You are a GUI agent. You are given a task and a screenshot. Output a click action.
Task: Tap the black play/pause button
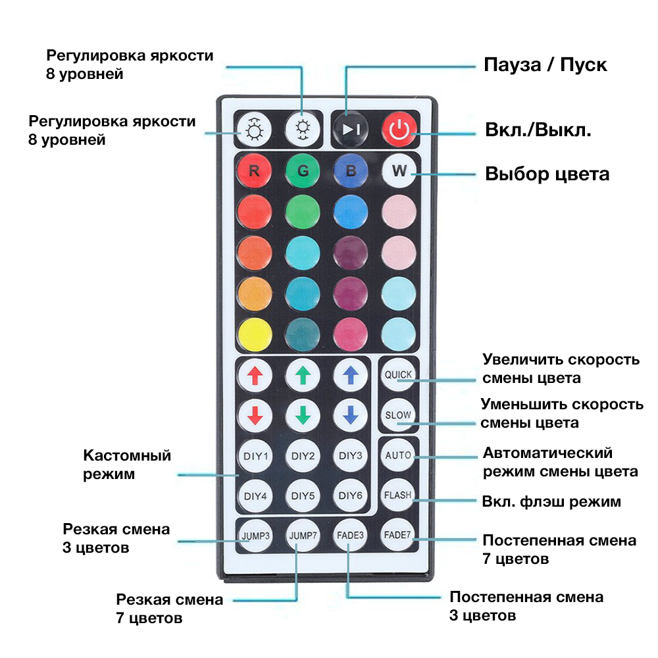pyautogui.click(x=351, y=129)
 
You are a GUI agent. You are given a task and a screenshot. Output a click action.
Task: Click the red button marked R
pyautogui.click(x=254, y=171)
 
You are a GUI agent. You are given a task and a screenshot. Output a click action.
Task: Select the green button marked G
pyautogui.click(x=303, y=171)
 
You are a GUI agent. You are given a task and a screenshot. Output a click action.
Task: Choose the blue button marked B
pyautogui.click(x=351, y=171)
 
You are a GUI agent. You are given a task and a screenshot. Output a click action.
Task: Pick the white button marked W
pyautogui.click(x=399, y=171)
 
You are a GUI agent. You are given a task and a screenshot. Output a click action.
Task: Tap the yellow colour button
pyautogui.click(x=255, y=334)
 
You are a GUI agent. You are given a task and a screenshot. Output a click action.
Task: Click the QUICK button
pyautogui.click(x=398, y=374)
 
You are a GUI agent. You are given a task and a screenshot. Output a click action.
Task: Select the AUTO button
pyautogui.click(x=398, y=455)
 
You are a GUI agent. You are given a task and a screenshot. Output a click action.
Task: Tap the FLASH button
pyautogui.click(x=398, y=495)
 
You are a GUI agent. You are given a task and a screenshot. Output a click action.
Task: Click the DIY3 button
pyautogui.click(x=351, y=456)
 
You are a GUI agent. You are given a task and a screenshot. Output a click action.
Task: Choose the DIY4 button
pyautogui.click(x=255, y=496)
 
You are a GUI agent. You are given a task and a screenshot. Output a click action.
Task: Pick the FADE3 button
pyautogui.click(x=350, y=536)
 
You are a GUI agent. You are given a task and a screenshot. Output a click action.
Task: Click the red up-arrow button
pyautogui.click(x=255, y=375)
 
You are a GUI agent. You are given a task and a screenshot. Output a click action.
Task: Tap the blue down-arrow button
pyautogui.click(x=351, y=415)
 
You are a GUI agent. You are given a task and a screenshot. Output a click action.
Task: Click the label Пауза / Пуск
pyautogui.click(x=545, y=64)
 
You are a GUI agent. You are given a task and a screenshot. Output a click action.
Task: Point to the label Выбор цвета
pyautogui.click(x=547, y=174)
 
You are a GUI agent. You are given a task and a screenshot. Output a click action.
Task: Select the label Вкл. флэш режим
pyautogui.click(x=551, y=501)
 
